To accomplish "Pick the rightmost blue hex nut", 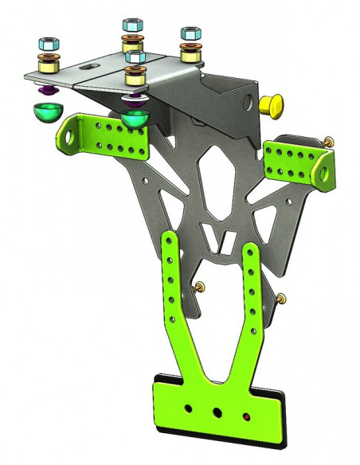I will tap(190, 34).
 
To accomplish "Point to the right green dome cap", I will tap(135, 119).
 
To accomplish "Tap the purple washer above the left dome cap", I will tap(45, 87).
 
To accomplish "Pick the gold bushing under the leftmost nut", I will tap(45, 63).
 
